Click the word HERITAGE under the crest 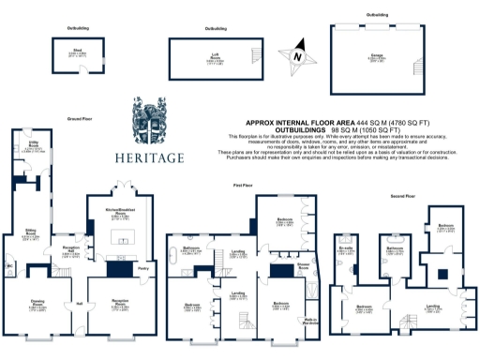pyautogui.click(x=150, y=157)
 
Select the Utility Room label pyautogui.click(x=34, y=145)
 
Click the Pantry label pyautogui.click(x=142, y=269)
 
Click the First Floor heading pyautogui.click(x=243, y=186)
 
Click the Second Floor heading pyautogui.click(x=402, y=197)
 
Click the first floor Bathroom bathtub pyautogui.click(x=175, y=253)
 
